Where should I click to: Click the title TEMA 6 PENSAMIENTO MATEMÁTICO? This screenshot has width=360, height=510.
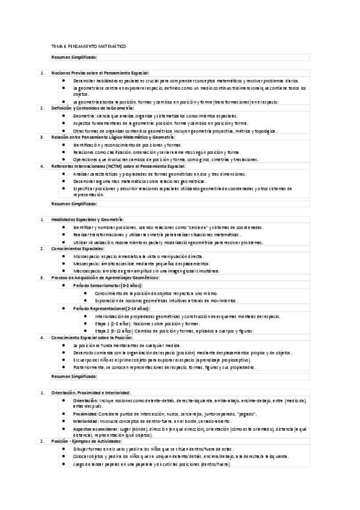coord(88,46)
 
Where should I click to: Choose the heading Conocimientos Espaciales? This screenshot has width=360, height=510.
coord(78,248)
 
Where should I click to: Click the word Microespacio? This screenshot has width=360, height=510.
coord(85,256)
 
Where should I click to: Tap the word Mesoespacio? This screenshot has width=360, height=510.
coord(85,263)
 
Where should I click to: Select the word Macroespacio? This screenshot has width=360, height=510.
coord(86,271)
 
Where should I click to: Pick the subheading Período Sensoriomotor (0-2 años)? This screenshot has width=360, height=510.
coord(106,285)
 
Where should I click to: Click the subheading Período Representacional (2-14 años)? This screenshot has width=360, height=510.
coord(111,307)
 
